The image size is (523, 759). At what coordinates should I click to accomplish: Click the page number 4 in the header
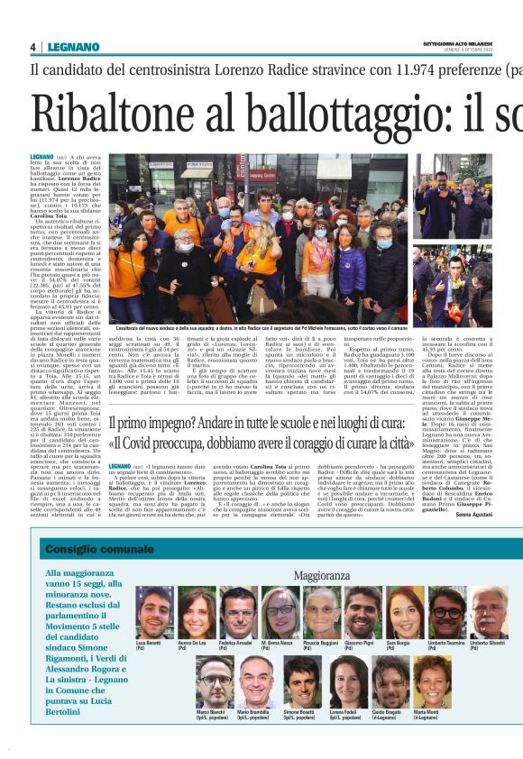(x=33, y=47)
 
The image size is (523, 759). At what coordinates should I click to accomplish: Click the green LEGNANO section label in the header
(x=69, y=47)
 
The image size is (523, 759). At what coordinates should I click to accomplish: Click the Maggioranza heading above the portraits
(x=324, y=574)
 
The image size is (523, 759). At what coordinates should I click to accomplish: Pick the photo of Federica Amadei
(x=238, y=612)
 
